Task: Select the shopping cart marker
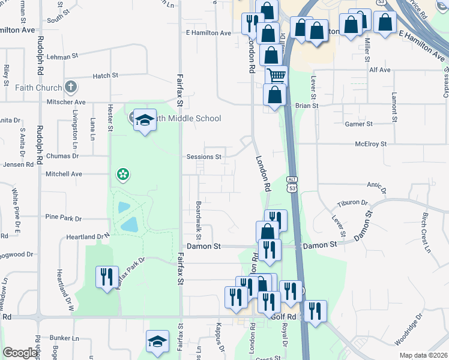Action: (276, 76)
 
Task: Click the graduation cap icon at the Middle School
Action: (144, 121)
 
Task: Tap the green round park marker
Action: (123, 175)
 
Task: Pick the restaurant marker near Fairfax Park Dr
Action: (106, 277)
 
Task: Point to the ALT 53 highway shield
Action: (292, 184)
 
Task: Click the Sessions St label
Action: (204, 157)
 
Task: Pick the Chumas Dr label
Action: (64, 156)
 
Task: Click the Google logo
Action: (20, 353)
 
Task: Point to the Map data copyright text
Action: (423, 355)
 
